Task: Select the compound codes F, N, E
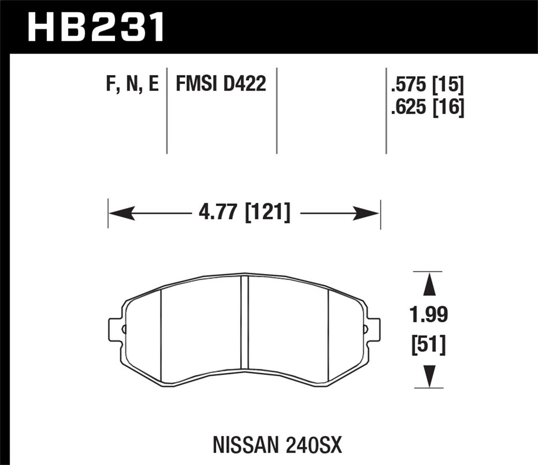pos(132,84)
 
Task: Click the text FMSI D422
pos(221,84)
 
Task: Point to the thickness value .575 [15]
pos(427,85)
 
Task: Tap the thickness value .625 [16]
pos(427,107)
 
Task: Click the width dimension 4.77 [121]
pos(245,213)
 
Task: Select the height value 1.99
pos(428,315)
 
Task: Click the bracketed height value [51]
pos(428,344)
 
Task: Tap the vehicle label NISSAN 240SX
pos(278,445)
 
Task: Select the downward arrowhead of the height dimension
pos(428,377)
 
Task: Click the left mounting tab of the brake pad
pos(115,329)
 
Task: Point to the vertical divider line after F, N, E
pos(167,111)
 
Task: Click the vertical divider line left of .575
pos(386,111)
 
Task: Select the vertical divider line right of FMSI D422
pos(277,111)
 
